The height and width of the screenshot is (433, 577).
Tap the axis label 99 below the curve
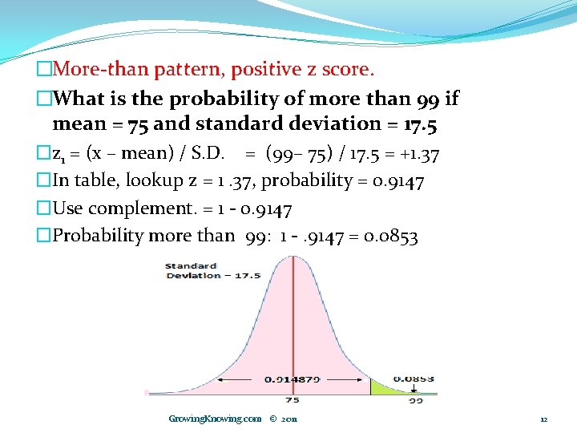pyautogui.click(x=415, y=399)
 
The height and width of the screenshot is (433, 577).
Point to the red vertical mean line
pyautogui.click(x=293, y=321)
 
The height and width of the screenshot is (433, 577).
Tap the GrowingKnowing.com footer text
pyautogui.click(x=215, y=419)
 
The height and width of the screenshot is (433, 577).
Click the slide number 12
pyautogui.click(x=543, y=419)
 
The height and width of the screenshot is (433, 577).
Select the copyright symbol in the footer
pyautogui.click(x=273, y=419)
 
